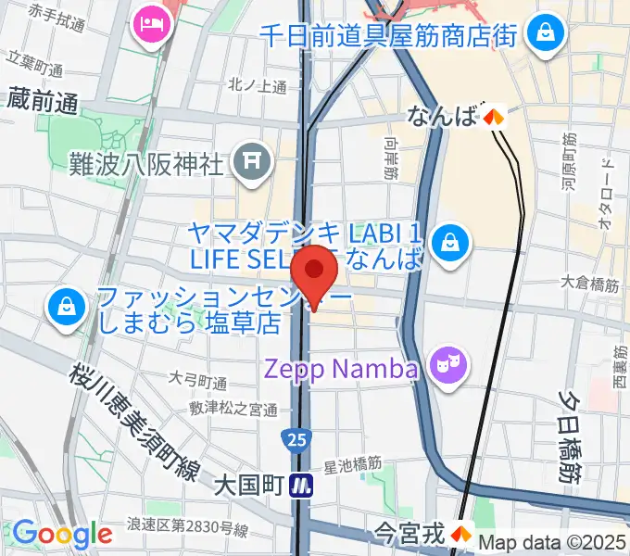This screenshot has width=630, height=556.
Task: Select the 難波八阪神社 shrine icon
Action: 251,163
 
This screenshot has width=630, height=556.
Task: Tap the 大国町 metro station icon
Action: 299,485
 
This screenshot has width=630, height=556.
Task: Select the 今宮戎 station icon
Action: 460,533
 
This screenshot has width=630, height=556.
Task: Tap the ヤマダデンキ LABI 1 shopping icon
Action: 449,244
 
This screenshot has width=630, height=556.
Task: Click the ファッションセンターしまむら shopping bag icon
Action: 67,310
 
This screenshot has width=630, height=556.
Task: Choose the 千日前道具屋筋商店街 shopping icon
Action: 542,34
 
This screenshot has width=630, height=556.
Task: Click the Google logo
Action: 62,534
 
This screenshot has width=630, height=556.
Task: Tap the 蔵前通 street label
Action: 44,103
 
